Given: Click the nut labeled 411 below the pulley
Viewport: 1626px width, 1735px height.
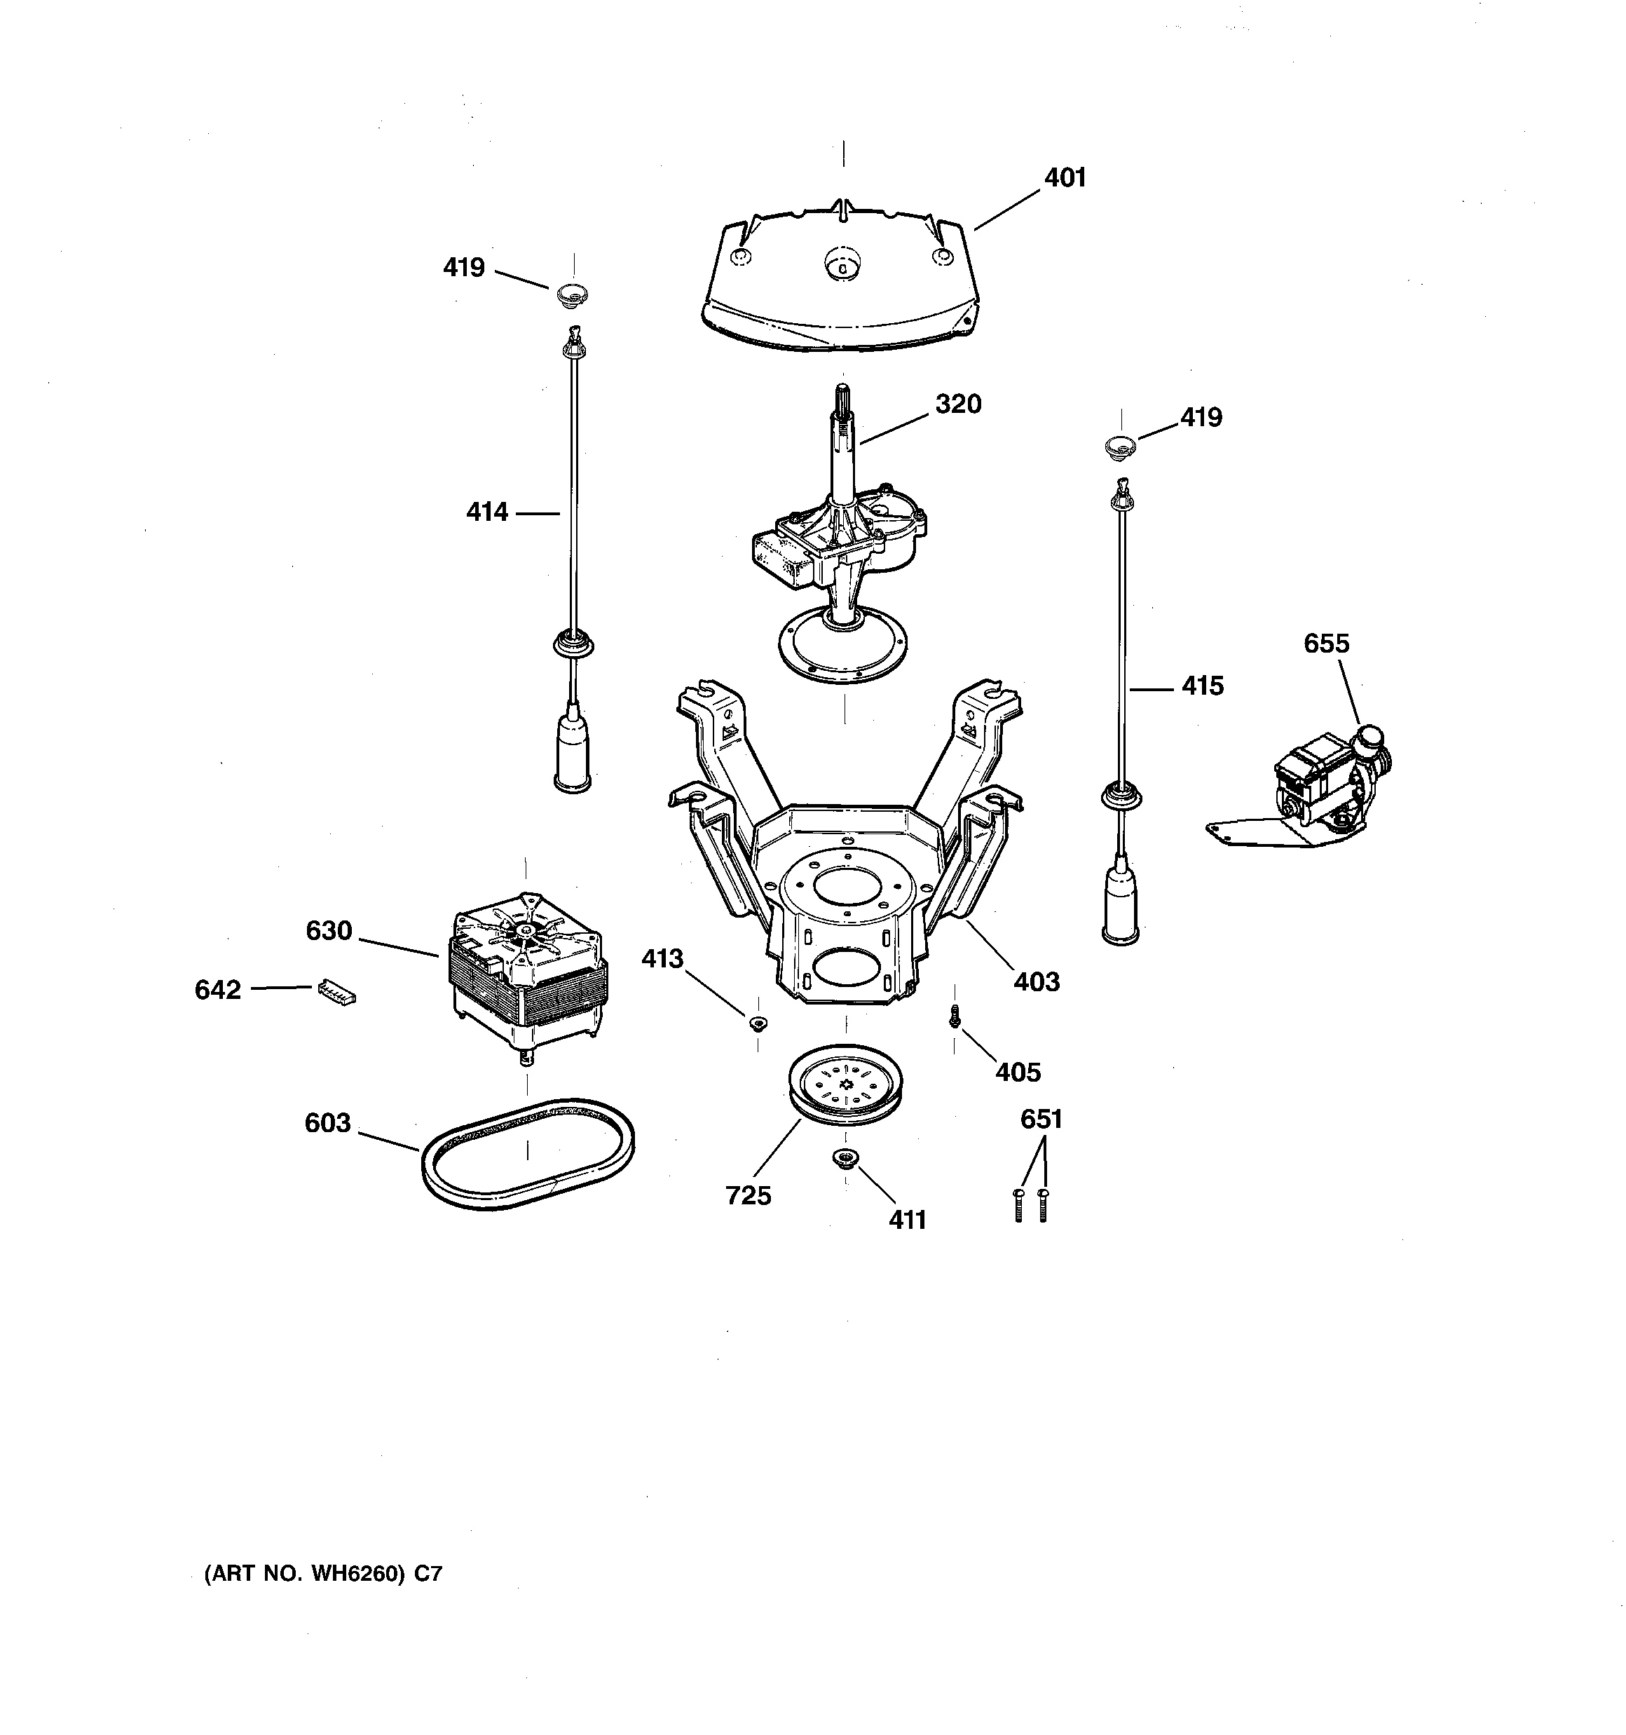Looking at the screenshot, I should click(845, 1157).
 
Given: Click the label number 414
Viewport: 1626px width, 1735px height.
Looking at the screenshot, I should click(486, 512).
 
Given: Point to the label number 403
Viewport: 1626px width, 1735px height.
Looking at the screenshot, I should click(1036, 982).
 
